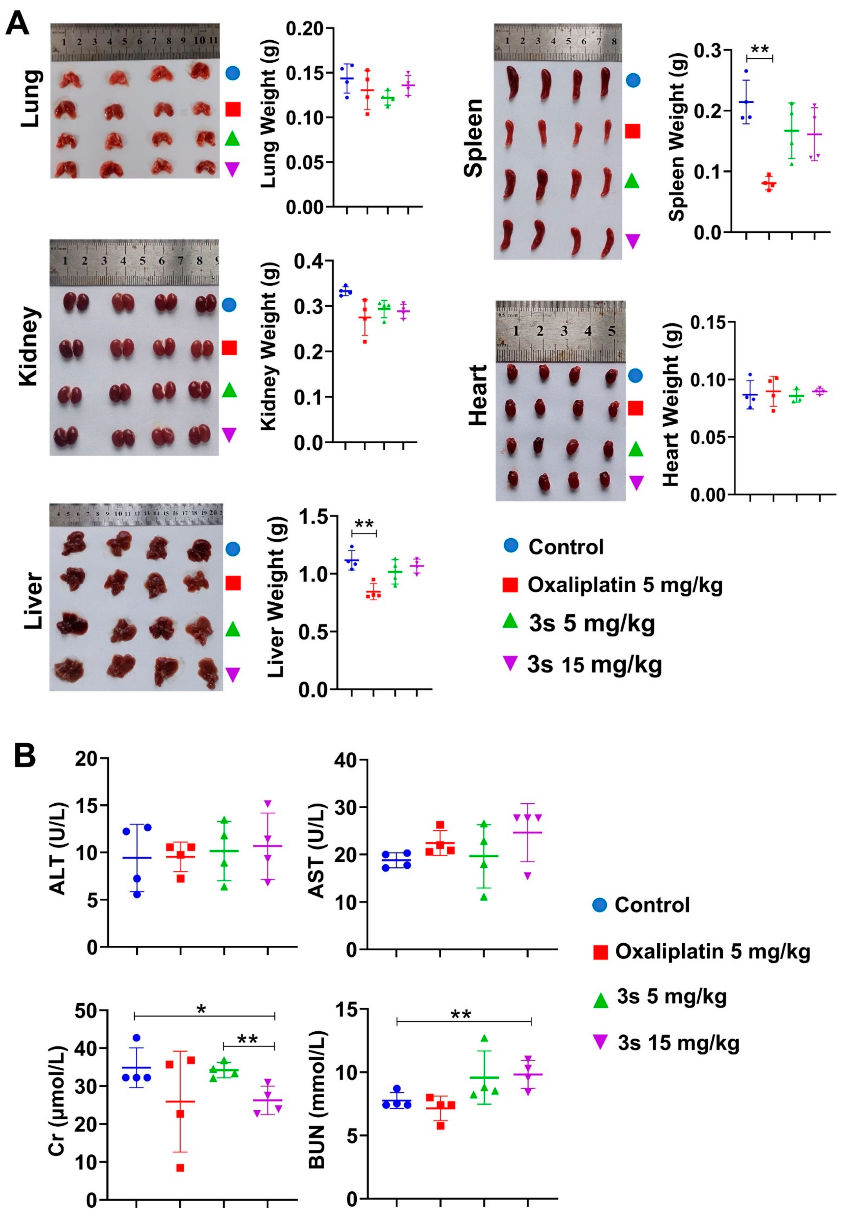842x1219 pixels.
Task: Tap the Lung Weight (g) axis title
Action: coord(269,117)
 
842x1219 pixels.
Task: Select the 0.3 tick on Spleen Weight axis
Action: coord(708,51)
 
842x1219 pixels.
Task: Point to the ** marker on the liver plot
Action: coord(364,524)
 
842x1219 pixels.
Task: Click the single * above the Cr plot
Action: coord(201,1010)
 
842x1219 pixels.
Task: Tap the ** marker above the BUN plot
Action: coord(461,1014)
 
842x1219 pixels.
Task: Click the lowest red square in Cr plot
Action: coord(180,1168)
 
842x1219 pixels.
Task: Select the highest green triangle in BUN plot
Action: coord(484,1038)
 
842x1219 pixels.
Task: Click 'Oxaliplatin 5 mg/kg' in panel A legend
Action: coord(625,585)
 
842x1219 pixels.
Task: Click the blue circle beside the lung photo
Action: coord(233,73)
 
